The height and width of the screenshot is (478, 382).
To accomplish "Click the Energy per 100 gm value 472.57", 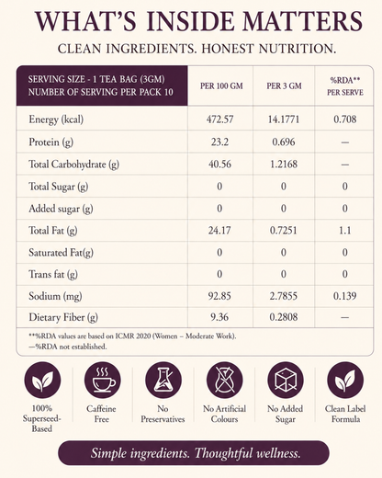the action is [219, 119].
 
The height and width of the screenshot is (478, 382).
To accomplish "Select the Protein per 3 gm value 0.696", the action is [284, 142].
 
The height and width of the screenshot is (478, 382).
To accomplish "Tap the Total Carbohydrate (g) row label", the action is [73, 165].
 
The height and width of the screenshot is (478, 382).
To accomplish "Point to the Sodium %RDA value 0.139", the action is [344, 296].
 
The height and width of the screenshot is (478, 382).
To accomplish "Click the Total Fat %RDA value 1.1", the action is [344, 231].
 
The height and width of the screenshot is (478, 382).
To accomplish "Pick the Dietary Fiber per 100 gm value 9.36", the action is [219, 317].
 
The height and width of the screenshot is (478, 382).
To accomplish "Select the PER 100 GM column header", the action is [221, 85].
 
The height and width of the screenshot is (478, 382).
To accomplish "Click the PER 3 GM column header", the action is [284, 85].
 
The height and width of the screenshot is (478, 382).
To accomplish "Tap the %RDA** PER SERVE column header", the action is [345, 86].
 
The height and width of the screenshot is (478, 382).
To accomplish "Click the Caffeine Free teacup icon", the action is [102, 380].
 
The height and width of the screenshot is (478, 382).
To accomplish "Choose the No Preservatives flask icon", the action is [163, 380].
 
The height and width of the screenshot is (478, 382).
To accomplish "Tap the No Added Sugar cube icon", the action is [286, 380].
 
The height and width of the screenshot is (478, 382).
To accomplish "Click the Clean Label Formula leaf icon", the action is [345, 380].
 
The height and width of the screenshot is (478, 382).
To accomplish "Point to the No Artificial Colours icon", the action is [224, 380].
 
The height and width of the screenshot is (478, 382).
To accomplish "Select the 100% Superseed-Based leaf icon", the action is [42, 380].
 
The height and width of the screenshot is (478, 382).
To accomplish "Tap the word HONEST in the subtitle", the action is [228, 49].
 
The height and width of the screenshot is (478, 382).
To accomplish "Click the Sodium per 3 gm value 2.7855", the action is [284, 296].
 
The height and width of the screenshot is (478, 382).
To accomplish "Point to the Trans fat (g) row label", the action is [53, 274].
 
